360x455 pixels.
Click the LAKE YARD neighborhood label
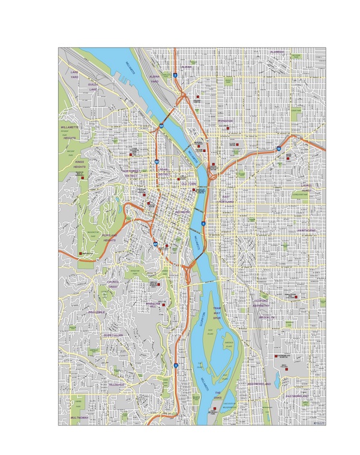[74, 74]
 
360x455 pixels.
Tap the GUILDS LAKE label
[93, 87]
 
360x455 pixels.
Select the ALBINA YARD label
[154, 80]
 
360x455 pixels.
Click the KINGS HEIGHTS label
[80, 163]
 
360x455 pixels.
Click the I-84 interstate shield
[280, 147]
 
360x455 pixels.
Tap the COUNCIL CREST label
[113, 284]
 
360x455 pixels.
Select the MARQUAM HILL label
[154, 304]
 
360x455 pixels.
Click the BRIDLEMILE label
[96, 312]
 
